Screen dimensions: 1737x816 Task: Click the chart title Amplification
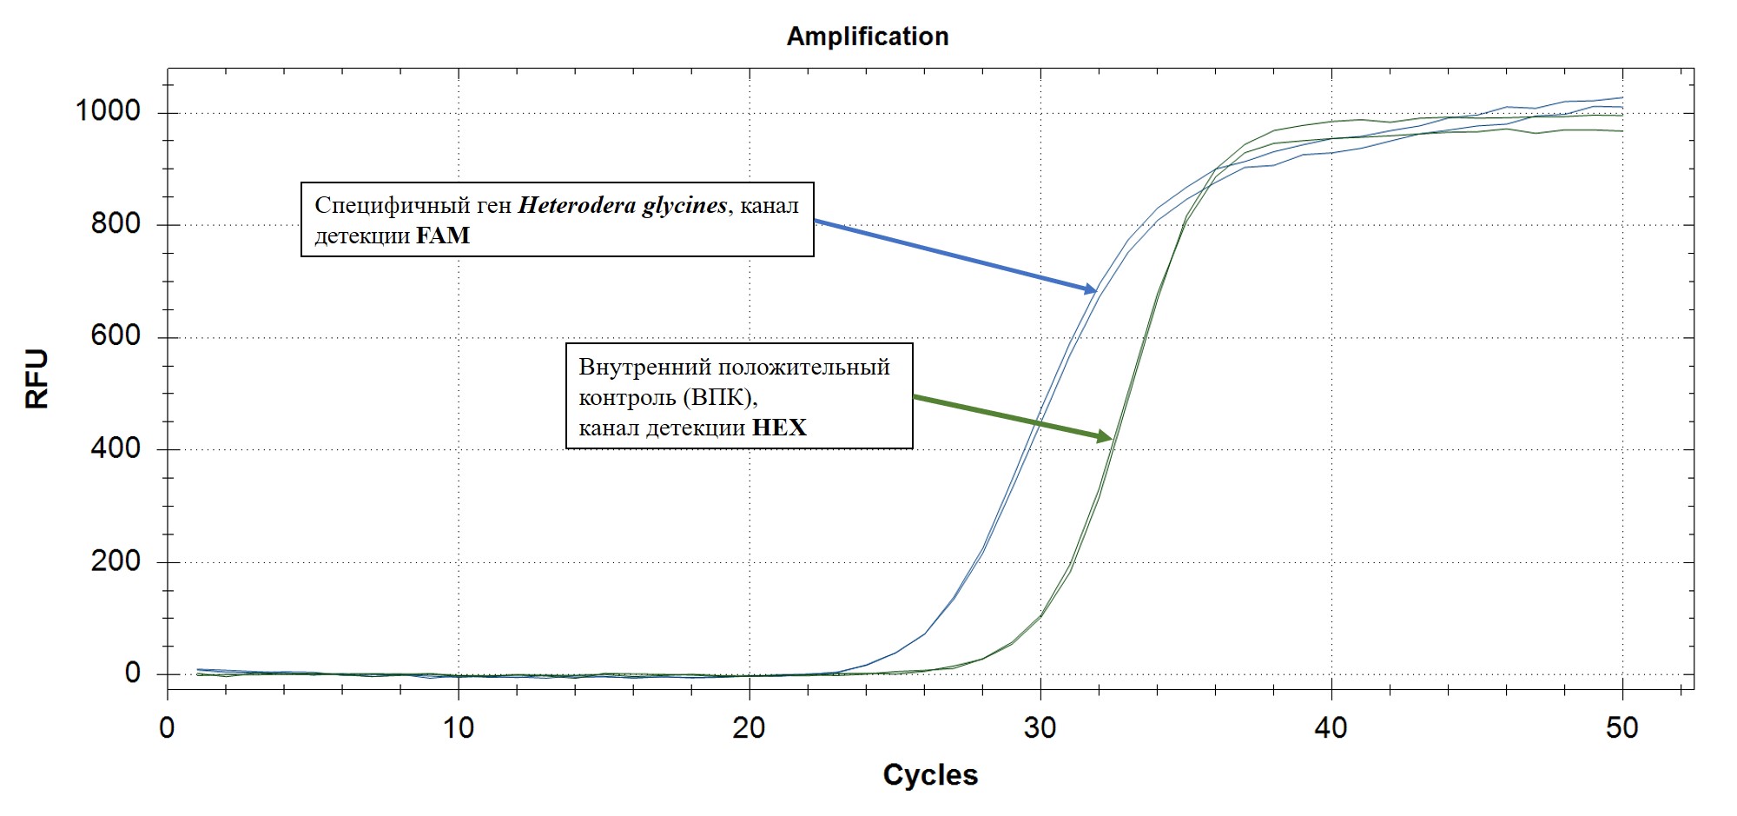click(x=868, y=36)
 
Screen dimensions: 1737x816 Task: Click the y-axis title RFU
click(x=37, y=379)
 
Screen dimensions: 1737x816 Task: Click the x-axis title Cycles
click(x=930, y=774)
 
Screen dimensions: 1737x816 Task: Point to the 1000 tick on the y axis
click(x=109, y=111)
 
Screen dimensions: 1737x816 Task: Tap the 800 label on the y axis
click(x=116, y=224)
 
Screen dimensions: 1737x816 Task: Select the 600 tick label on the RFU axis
click(x=116, y=336)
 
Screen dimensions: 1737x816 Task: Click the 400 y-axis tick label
click(x=116, y=448)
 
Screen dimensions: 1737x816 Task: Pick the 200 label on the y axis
click(x=116, y=561)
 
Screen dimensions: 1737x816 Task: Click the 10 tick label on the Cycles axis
click(x=459, y=727)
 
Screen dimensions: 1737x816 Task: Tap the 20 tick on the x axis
click(x=749, y=727)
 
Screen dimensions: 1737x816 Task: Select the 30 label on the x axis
click(x=1040, y=727)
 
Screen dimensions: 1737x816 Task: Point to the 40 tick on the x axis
click(x=1331, y=727)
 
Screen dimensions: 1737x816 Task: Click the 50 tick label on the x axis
click(x=1621, y=727)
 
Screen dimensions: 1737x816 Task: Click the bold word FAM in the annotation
click(x=443, y=236)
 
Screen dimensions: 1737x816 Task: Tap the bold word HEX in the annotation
click(x=779, y=428)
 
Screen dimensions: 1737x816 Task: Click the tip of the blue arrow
click(x=1097, y=291)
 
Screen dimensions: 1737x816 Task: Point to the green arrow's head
click(x=1112, y=439)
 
